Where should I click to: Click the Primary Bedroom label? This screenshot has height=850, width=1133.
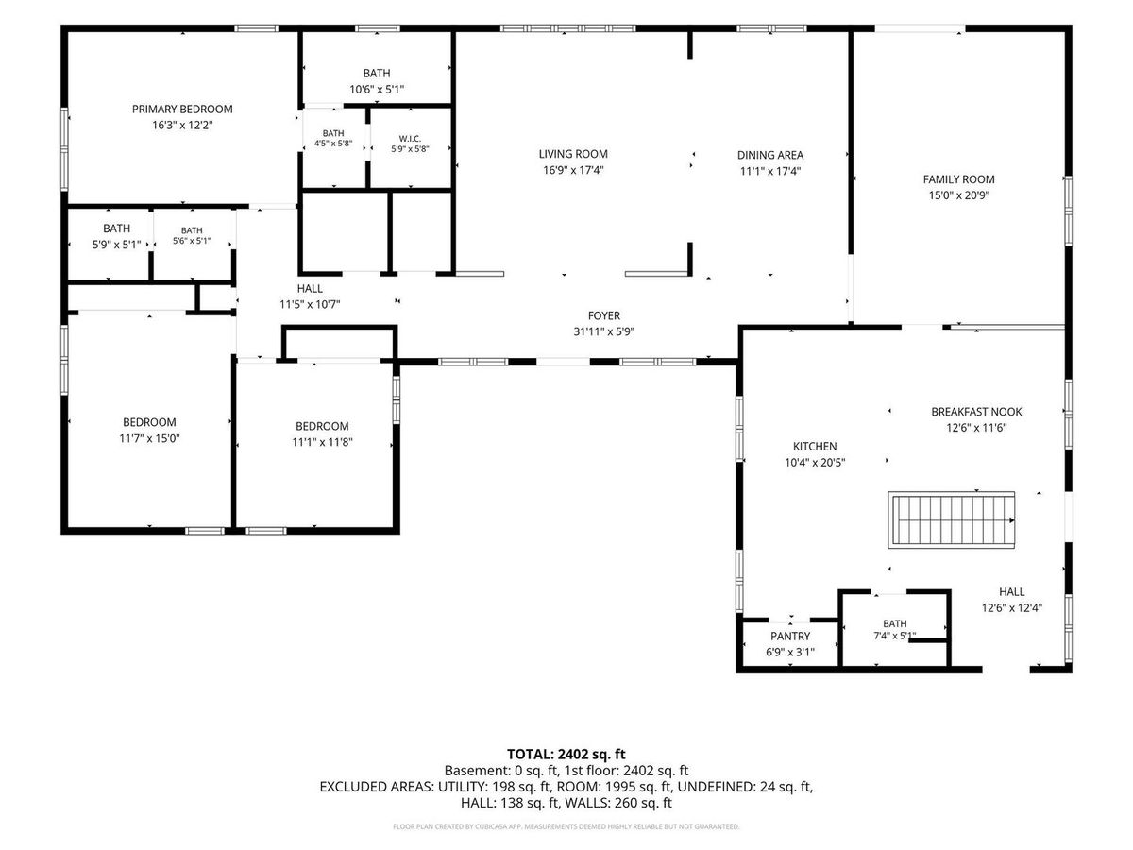click(x=182, y=109)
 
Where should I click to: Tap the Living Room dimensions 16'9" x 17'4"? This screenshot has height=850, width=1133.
click(x=573, y=170)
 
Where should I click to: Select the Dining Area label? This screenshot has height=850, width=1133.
click(x=770, y=155)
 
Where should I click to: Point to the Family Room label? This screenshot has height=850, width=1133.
click(x=958, y=179)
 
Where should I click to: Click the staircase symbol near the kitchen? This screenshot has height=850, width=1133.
click(x=951, y=519)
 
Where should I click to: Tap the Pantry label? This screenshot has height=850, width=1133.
click(x=789, y=636)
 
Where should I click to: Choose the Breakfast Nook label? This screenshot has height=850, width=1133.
click(x=976, y=412)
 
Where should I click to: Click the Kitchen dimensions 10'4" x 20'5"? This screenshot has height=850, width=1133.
click(x=815, y=463)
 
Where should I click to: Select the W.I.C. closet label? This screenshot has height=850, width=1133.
click(x=410, y=139)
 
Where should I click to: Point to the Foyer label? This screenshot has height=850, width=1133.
click(x=604, y=315)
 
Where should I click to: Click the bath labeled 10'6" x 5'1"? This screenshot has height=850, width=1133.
click(x=377, y=81)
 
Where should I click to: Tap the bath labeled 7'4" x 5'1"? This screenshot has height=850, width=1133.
click(x=894, y=629)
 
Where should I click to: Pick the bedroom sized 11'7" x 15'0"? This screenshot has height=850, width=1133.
click(x=149, y=430)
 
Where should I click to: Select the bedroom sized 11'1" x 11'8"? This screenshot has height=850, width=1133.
click(x=322, y=433)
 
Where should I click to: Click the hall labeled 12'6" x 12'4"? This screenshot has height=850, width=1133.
click(x=1012, y=599)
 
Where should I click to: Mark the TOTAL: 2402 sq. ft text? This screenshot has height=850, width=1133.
click(x=566, y=754)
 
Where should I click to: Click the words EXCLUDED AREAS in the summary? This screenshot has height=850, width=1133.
click(x=376, y=787)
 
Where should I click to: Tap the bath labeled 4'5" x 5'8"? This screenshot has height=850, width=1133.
click(x=333, y=138)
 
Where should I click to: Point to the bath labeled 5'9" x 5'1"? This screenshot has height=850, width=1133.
click(x=117, y=236)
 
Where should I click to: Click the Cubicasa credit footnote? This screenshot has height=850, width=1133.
click(x=566, y=826)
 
